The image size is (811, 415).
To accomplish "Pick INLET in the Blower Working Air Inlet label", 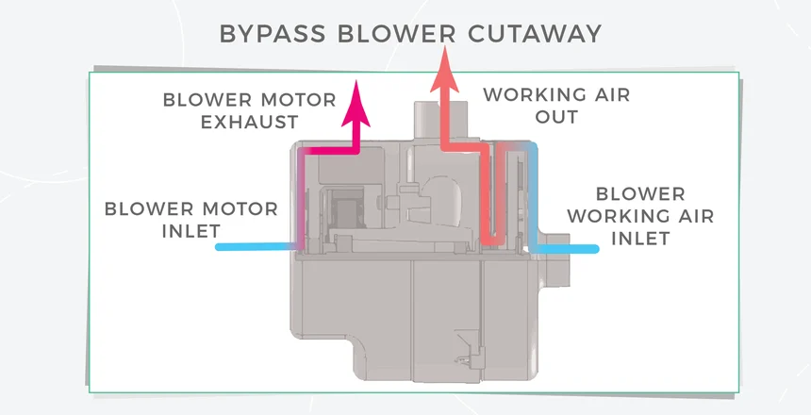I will (x=641, y=239).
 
